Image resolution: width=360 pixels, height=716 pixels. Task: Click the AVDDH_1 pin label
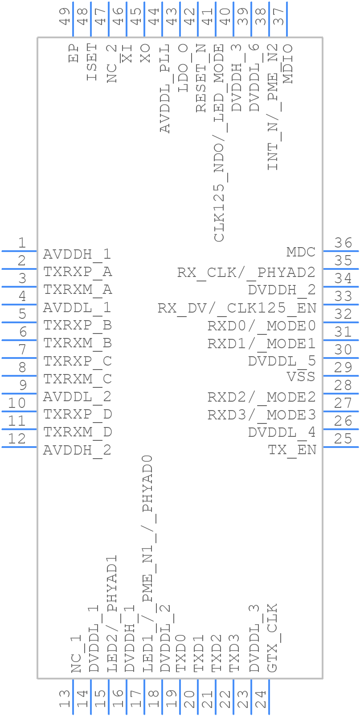click(x=77, y=254)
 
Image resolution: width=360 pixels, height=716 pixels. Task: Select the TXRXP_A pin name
click(x=78, y=272)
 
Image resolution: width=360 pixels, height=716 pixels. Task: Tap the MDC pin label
click(x=301, y=252)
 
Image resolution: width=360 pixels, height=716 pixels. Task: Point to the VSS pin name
click(x=301, y=377)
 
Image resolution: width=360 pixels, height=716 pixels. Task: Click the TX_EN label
click(x=292, y=450)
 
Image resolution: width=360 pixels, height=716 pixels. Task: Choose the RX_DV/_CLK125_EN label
click(x=237, y=308)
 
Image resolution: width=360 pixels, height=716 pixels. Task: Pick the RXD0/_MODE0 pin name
click(x=262, y=325)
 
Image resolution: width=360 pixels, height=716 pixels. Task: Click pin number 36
click(x=343, y=243)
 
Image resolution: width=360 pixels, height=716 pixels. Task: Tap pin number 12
click(x=17, y=439)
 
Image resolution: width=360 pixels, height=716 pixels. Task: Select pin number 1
click(x=22, y=243)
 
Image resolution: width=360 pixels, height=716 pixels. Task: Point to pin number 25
click(x=343, y=439)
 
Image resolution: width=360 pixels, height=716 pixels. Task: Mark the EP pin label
click(x=74, y=53)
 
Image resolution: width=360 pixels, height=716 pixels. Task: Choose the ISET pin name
click(x=91, y=62)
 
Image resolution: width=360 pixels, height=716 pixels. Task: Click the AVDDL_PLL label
click(x=165, y=89)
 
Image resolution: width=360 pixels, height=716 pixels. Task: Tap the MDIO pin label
click(x=288, y=64)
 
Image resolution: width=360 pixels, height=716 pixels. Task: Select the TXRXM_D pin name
click(x=78, y=432)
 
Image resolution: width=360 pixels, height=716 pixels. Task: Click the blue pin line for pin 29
click(x=341, y=376)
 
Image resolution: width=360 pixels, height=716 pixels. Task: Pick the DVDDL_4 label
click(x=282, y=432)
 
